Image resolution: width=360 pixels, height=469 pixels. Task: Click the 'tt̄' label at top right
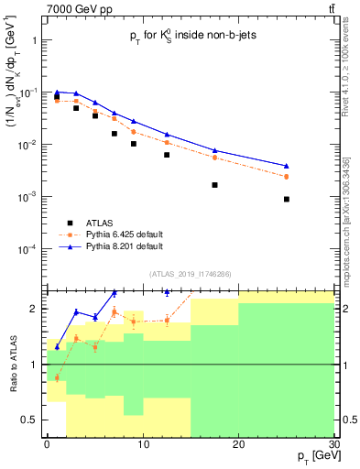click(331, 8)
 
